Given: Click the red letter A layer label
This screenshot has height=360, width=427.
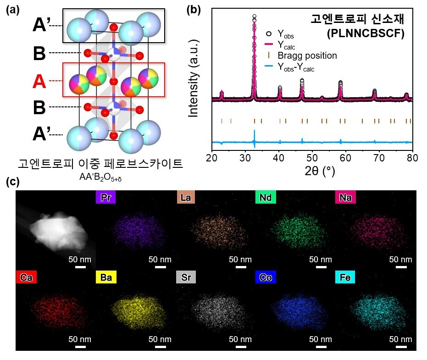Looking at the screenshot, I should tap(39, 82).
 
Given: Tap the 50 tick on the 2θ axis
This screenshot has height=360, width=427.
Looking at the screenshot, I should tap(312, 159).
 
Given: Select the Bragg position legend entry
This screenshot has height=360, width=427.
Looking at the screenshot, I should tap(306, 55).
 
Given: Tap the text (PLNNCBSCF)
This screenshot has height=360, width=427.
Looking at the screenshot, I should tap(365, 33).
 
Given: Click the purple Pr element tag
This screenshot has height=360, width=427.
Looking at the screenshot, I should tap(105, 197).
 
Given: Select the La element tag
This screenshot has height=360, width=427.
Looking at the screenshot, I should tap(186, 197).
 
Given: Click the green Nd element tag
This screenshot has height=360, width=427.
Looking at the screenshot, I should tap(266, 197).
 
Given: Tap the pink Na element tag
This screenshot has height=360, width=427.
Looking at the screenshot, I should tap(345, 197).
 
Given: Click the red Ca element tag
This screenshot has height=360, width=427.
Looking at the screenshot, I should tap(25, 277).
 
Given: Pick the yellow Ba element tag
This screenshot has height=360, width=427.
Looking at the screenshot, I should tap(105, 277).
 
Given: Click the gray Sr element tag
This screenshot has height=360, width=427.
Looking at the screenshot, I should tap(186, 277).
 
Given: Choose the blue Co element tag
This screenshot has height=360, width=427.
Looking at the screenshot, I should tap(266, 277).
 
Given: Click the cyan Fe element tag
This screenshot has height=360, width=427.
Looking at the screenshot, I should tap(345, 277).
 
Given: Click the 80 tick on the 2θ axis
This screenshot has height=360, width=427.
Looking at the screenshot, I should tap(412, 159).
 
